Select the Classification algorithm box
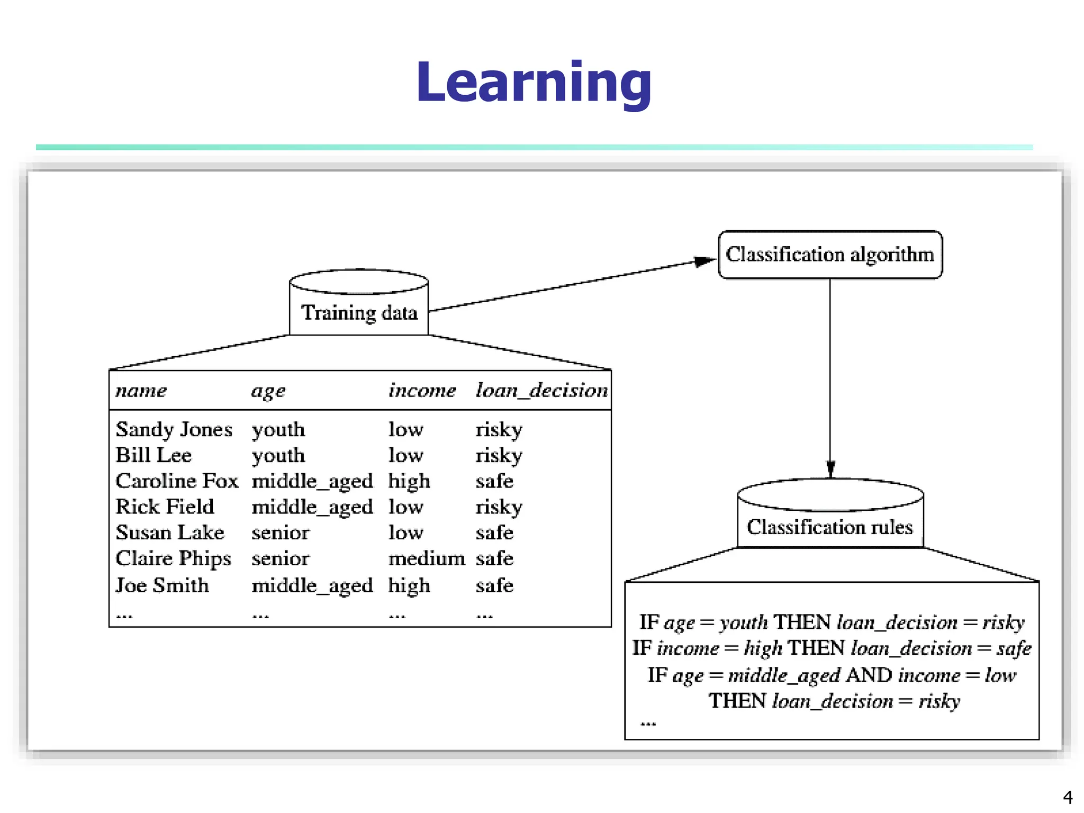(x=829, y=255)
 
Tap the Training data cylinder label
(x=359, y=313)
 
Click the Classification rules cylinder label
(x=829, y=527)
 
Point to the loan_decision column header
(x=541, y=391)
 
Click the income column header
(x=422, y=391)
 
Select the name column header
(x=141, y=391)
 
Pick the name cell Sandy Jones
(x=174, y=429)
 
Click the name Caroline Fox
(x=177, y=481)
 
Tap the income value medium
(x=427, y=558)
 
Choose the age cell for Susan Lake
(x=280, y=532)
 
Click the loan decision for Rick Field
(x=499, y=507)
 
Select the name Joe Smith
(x=162, y=585)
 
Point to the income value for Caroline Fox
(x=409, y=481)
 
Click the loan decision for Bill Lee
(x=499, y=455)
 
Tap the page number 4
(x=1068, y=797)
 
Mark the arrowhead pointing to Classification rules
(x=830, y=469)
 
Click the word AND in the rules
(x=869, y=675)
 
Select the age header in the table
(x=268, y=391)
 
